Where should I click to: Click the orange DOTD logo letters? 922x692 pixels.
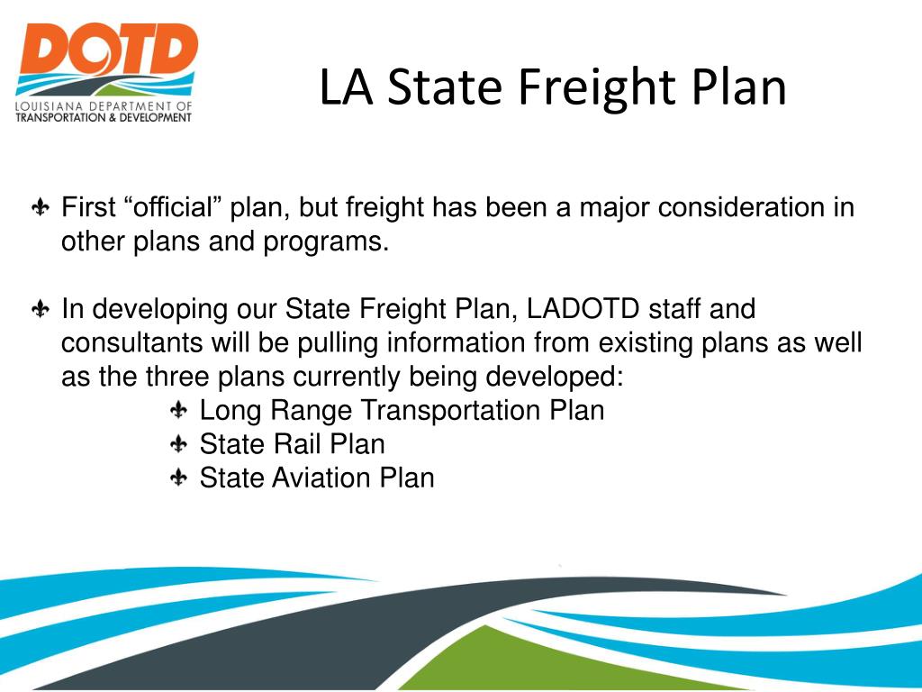[105, 50]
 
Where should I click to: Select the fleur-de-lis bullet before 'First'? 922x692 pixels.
[41, 209]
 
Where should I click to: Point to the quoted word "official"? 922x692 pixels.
[176, 208]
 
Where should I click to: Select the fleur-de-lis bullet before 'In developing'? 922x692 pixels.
[41, 310]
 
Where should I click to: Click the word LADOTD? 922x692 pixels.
[583, 309]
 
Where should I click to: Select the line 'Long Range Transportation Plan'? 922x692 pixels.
[402, 410]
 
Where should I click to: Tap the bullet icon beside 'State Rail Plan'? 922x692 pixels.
[179, 444]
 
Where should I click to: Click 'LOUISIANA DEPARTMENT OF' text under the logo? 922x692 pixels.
[104, 107]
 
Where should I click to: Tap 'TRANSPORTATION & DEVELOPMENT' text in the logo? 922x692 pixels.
[104, 118]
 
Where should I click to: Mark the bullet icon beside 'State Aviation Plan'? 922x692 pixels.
[179, 478]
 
